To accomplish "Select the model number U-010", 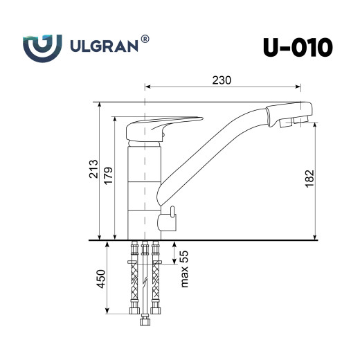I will (x=297, y=47).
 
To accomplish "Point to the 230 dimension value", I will (x=221, y=80).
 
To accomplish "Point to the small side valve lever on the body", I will (x=168, y=219).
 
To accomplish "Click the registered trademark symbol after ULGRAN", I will (x=145, y=40).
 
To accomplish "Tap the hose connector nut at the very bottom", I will (x=145, y=321).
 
